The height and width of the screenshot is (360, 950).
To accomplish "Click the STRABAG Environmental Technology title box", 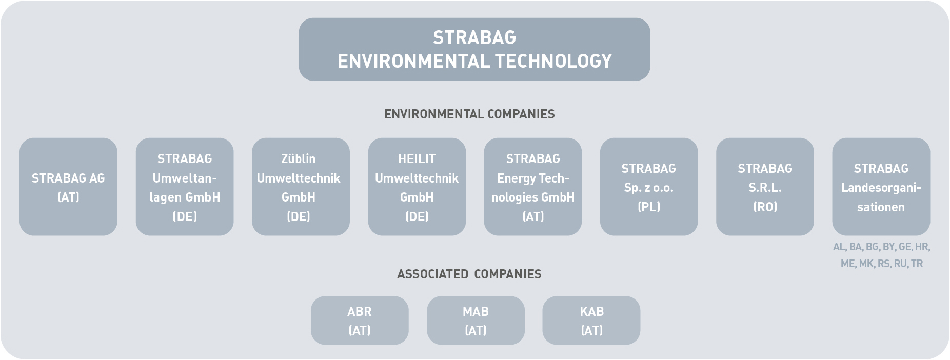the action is [x=474, y=49].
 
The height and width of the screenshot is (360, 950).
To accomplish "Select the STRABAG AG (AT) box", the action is [x=68, y=187].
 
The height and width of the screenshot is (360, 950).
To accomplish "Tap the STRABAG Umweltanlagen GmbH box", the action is [x=185, y=187].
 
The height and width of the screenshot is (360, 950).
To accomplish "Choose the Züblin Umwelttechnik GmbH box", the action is [x=301, y=187].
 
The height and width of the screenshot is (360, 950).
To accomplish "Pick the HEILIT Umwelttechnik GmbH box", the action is [x=417, y=187].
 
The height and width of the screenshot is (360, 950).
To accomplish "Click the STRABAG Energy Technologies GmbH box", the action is [x=533, y=187].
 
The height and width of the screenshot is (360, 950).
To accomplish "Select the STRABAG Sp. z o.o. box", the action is [x=649, y=187].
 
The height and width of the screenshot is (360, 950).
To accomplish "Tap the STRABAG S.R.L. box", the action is [x=765, y=187].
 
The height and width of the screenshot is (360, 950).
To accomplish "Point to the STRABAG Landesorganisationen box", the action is [x=881, y=187].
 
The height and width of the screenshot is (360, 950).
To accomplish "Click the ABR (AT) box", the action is [x=360, y=321].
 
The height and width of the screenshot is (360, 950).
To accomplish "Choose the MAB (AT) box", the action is [x=476, y=321].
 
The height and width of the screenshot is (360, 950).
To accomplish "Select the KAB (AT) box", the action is [x=591, y=321].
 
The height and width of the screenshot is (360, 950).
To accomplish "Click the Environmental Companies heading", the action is [x=469, y=114].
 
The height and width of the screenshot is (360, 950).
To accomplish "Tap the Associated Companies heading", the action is [x=469, y=274].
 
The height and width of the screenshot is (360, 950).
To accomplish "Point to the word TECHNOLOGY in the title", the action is [x=551, y=61].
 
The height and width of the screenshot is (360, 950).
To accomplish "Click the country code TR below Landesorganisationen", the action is [x=917, y=264].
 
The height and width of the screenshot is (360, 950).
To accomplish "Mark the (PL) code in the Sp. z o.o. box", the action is [x=649, y=207].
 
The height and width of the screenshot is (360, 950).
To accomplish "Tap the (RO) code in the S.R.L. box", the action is [x=765, y=207].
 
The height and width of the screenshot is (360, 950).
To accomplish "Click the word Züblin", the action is [x=298, y=159].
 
